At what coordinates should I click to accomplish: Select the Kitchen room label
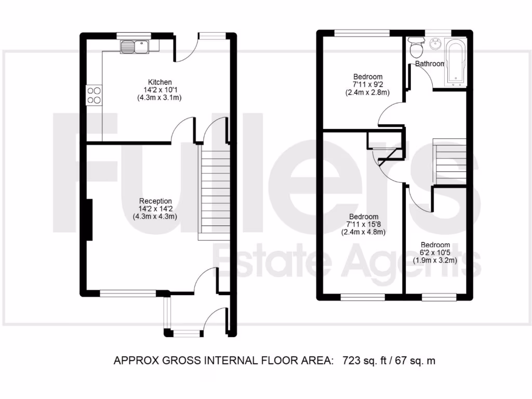click(x=159, y=82)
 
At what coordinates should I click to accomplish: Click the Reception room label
click(x=155, y=201)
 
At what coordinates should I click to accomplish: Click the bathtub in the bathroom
click(x=456, y=61)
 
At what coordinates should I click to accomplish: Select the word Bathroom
click(x=429, y=64)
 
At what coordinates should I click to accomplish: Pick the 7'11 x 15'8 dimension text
click(x=363, y=224)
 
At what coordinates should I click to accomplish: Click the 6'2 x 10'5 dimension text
click(x=435, y=253)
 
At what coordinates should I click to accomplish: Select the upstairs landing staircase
click(x=450, y=161)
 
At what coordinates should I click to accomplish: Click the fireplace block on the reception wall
click(x=89, y=220)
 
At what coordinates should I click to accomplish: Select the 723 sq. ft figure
click(x=363, y=360)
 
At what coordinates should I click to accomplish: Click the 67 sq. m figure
click(x=413, y=360)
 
